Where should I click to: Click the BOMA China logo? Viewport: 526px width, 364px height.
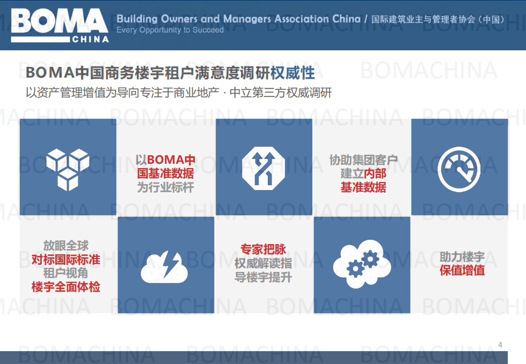tap(59, 25)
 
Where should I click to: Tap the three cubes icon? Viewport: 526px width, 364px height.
tap(67, 167)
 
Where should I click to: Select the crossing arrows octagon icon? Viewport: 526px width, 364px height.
tap(264, 167)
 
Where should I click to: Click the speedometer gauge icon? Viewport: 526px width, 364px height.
tap(459, 167)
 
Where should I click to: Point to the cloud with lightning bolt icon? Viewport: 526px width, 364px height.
tap(165, 266)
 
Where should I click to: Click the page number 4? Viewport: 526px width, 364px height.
tap(500, 344)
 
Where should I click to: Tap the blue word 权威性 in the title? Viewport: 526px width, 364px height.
tap(292, 72)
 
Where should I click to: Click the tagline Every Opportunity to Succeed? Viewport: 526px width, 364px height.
tap(170, 30)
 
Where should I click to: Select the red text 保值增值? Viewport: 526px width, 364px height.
tap(462, 270)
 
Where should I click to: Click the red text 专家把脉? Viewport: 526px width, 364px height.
tap(263, 249)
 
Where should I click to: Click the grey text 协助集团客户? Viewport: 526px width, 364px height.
tap(363, 160)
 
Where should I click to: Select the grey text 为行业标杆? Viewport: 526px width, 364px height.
tap(165, 187)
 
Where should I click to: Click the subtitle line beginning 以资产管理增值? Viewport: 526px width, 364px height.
tap(178, 93)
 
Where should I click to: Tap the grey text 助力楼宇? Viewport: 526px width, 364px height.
tap(462, 256)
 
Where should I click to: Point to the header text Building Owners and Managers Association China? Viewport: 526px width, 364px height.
tap(239, 19)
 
